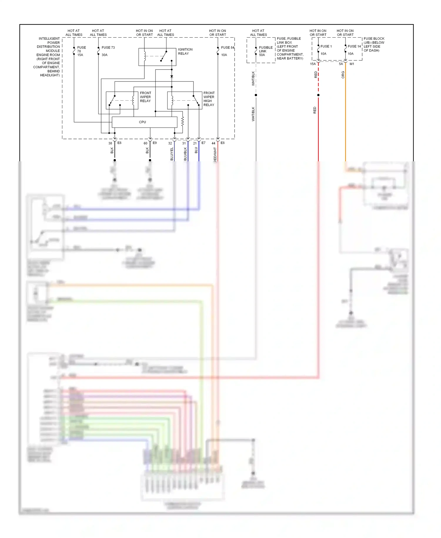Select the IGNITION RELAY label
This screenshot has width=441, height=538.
(x=185, y=52)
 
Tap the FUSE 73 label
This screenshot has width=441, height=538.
(x=108, y=47)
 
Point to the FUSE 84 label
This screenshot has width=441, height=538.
(x=228, y=47)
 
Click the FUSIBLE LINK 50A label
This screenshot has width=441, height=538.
(x=265, y=51)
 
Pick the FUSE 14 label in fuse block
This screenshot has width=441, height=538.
(x=354, y=46)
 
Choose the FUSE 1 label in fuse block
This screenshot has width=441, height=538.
(x=326, y=46)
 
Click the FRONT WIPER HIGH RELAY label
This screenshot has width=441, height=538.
(x=209, y=99)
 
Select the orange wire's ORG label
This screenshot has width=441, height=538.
(x=343, y=75)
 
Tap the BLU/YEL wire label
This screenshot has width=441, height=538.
(x=172, y=154)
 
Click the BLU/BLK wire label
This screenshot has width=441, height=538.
(x=185, y=154)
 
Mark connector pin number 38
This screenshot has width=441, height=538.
(x=110, y=143)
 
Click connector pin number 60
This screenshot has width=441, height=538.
(x=145, y=143)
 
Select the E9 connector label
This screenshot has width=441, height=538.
(x=155, y=143)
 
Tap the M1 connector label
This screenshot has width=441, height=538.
(x=352, y=64)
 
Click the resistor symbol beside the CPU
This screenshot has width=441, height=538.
(x=183, y=121)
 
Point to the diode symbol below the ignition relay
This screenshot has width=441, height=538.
(x=172, y=77)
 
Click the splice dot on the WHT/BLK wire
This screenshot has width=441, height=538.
(x=256, y=95)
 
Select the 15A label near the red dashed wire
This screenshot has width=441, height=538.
(x=313, y=64)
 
